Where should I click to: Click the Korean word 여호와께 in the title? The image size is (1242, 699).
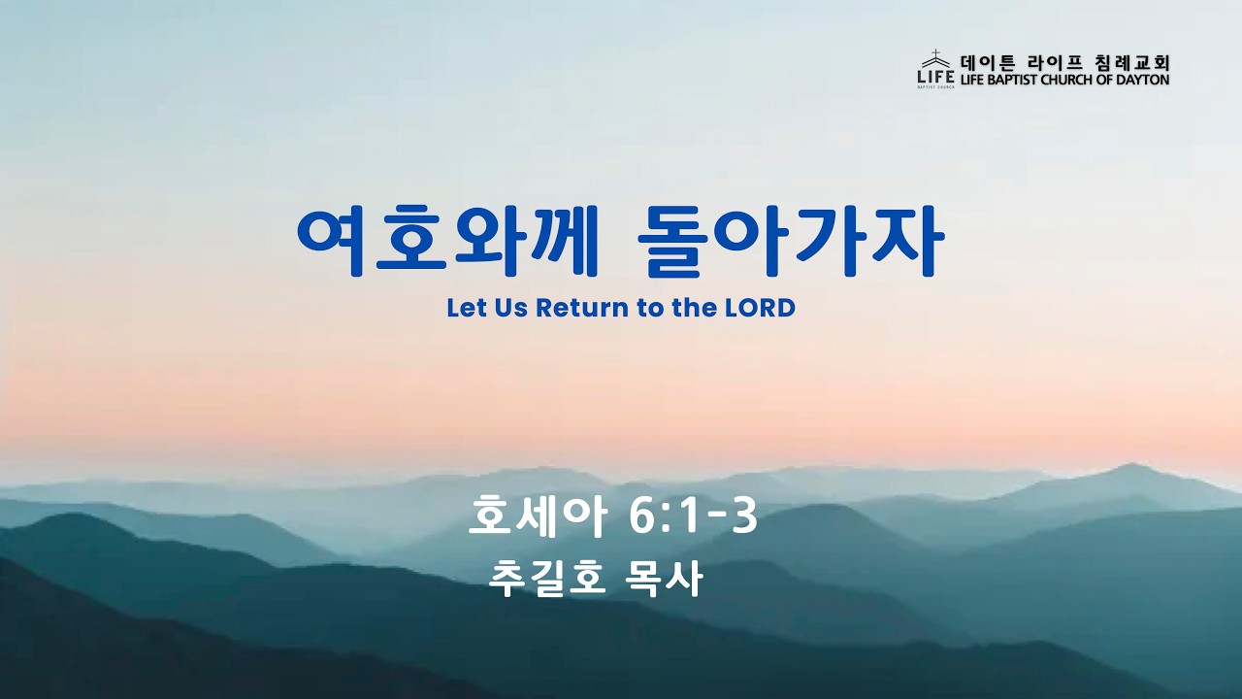448,242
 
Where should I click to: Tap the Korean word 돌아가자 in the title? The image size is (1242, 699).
790,242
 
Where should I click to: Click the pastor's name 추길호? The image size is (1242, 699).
545,580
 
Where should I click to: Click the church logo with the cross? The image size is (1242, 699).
936,69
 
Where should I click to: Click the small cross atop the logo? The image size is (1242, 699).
936,53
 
